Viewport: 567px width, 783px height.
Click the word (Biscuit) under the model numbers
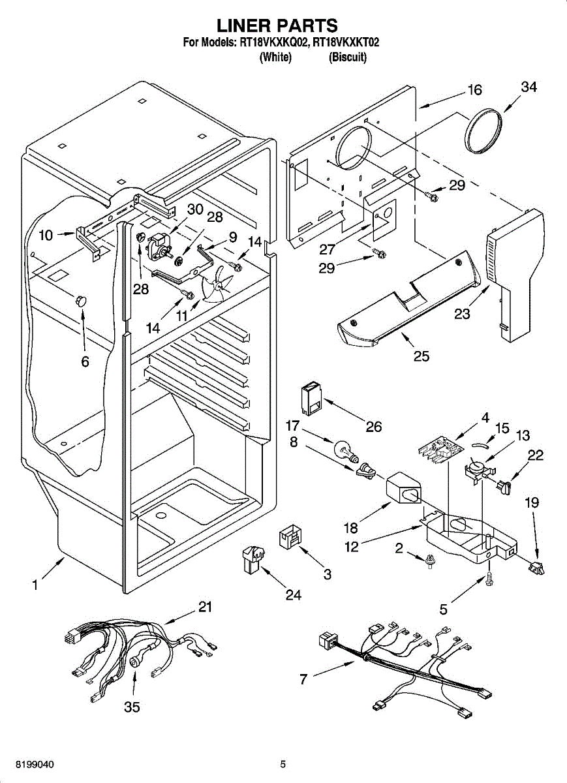click(348, 57)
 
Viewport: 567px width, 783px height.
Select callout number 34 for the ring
click(529, 88)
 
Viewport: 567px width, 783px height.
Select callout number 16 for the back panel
click(474, 91)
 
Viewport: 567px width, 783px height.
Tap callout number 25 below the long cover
click(421, 356)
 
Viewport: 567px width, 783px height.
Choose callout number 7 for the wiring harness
click(303, 679)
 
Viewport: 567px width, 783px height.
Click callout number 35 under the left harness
click(132, 707)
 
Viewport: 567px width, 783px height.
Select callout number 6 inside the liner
click(85, 361)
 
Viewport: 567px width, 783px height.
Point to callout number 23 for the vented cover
click(463, 313)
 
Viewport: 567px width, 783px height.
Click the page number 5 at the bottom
click(283, 763)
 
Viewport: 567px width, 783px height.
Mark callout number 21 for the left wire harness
click(206, 607)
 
